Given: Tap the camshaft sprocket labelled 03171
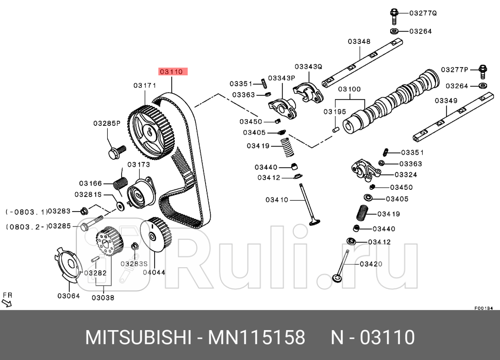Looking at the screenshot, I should point(150,132).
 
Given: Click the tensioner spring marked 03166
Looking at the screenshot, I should point(121,183).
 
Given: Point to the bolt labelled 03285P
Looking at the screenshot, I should point(116,152).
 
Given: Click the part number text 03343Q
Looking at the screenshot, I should point(308,67).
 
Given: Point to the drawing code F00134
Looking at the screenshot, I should point(484,308).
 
